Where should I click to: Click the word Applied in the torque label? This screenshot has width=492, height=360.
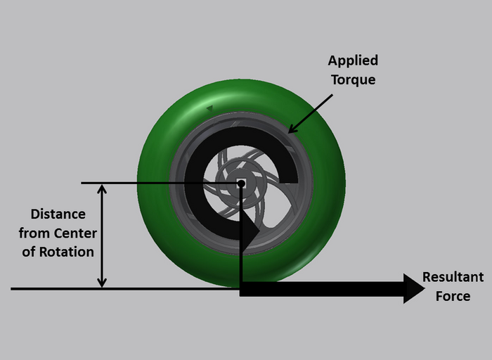coord(353,60)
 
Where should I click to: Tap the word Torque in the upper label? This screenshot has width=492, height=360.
coord(354,79)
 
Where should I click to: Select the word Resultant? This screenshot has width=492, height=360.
coord(453,277)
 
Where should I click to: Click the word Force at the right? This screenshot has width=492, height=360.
coord(453,295)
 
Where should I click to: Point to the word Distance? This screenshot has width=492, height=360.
coord(58,214)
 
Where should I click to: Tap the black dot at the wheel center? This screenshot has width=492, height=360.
coord(241,184)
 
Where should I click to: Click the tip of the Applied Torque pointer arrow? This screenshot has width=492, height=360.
coord(291,131)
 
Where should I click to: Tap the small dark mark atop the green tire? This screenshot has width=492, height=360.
coord(209,109)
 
